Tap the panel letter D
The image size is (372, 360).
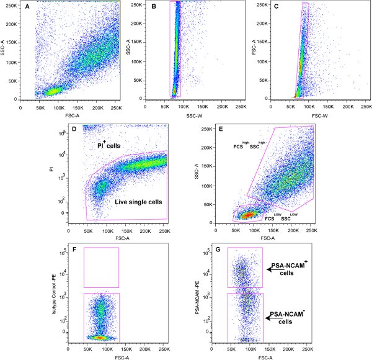(x=91, y=132)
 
